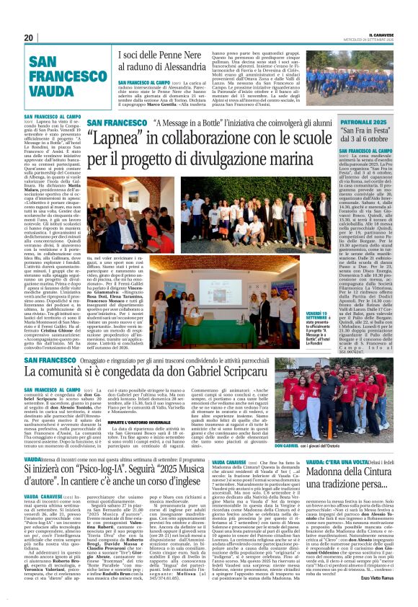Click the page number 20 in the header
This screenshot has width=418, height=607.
tap(29, 37)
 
